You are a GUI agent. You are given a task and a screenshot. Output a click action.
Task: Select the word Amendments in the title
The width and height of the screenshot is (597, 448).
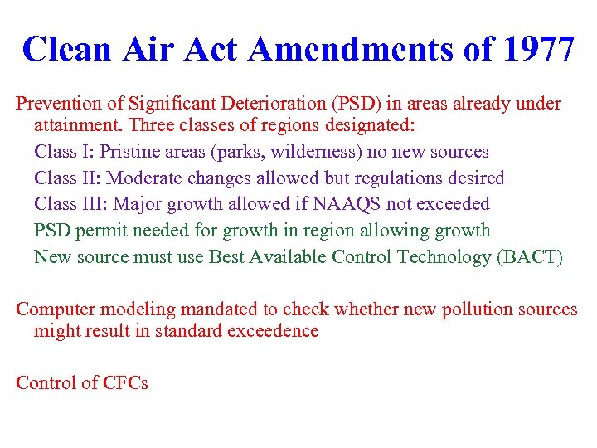click(x=349, y=50)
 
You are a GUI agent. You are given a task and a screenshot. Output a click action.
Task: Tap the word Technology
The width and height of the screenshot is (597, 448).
click(x=443, y=257)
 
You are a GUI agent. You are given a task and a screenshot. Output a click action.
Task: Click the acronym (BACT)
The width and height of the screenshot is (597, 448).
click(x=530, y=257)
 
